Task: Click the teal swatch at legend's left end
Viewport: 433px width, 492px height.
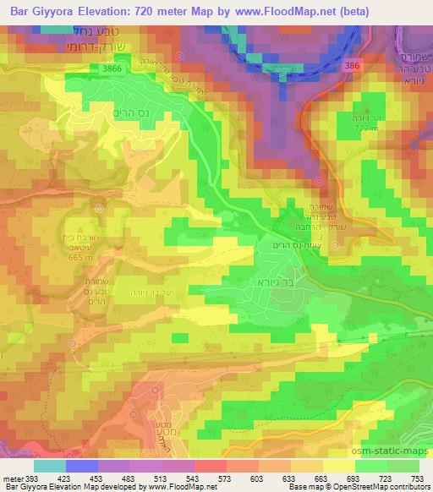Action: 50,465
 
